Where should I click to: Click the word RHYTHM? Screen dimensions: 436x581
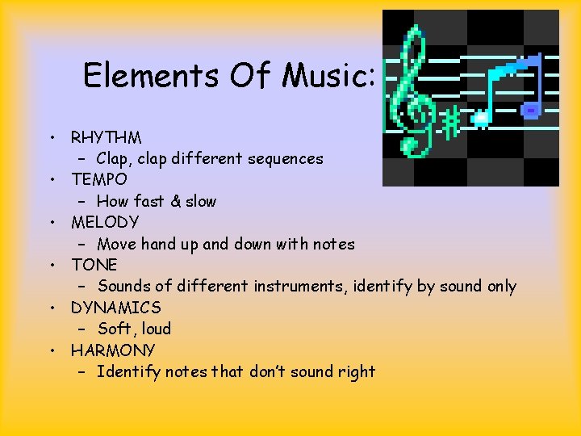pos(106,137)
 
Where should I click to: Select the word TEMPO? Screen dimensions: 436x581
pos(99,179)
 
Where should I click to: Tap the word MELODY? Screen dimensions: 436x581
pos(105,222)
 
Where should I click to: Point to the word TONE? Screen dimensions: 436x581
pos(94,265)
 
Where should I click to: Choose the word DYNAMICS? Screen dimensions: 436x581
pos(115,308)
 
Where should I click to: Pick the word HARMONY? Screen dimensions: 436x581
pos(113,350)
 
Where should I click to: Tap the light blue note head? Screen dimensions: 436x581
pos(481,118)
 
